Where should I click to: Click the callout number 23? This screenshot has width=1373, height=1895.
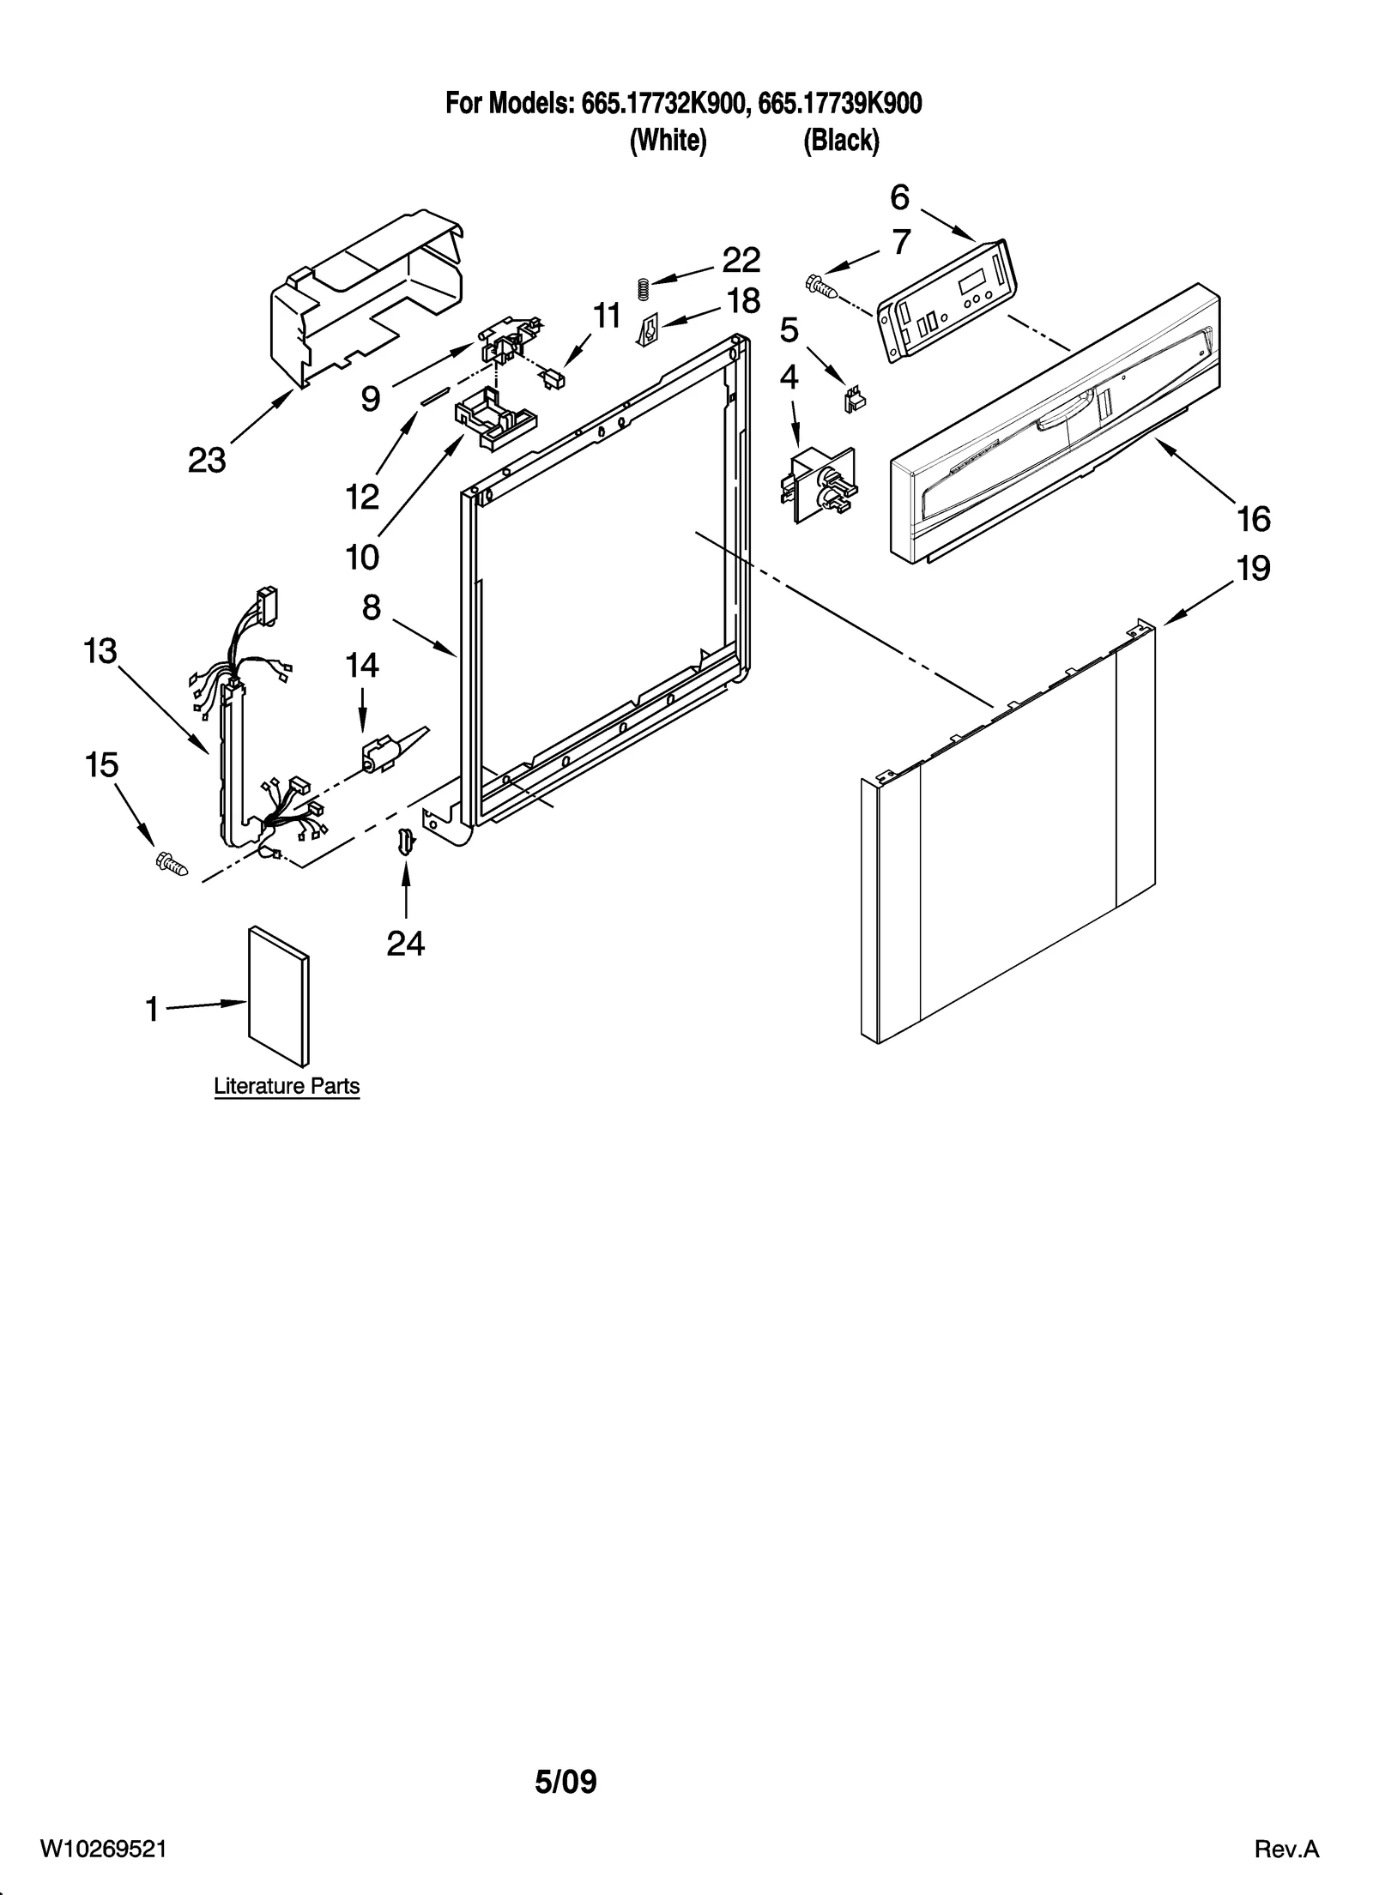207,461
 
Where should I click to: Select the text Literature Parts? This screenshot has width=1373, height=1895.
287,1086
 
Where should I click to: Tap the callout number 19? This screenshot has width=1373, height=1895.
1253,569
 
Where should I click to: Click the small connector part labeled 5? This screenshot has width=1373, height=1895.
854,400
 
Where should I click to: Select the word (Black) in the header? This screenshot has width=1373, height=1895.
841,141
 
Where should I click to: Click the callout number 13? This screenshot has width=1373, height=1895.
100,650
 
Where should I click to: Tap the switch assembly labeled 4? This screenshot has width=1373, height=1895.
817,484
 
